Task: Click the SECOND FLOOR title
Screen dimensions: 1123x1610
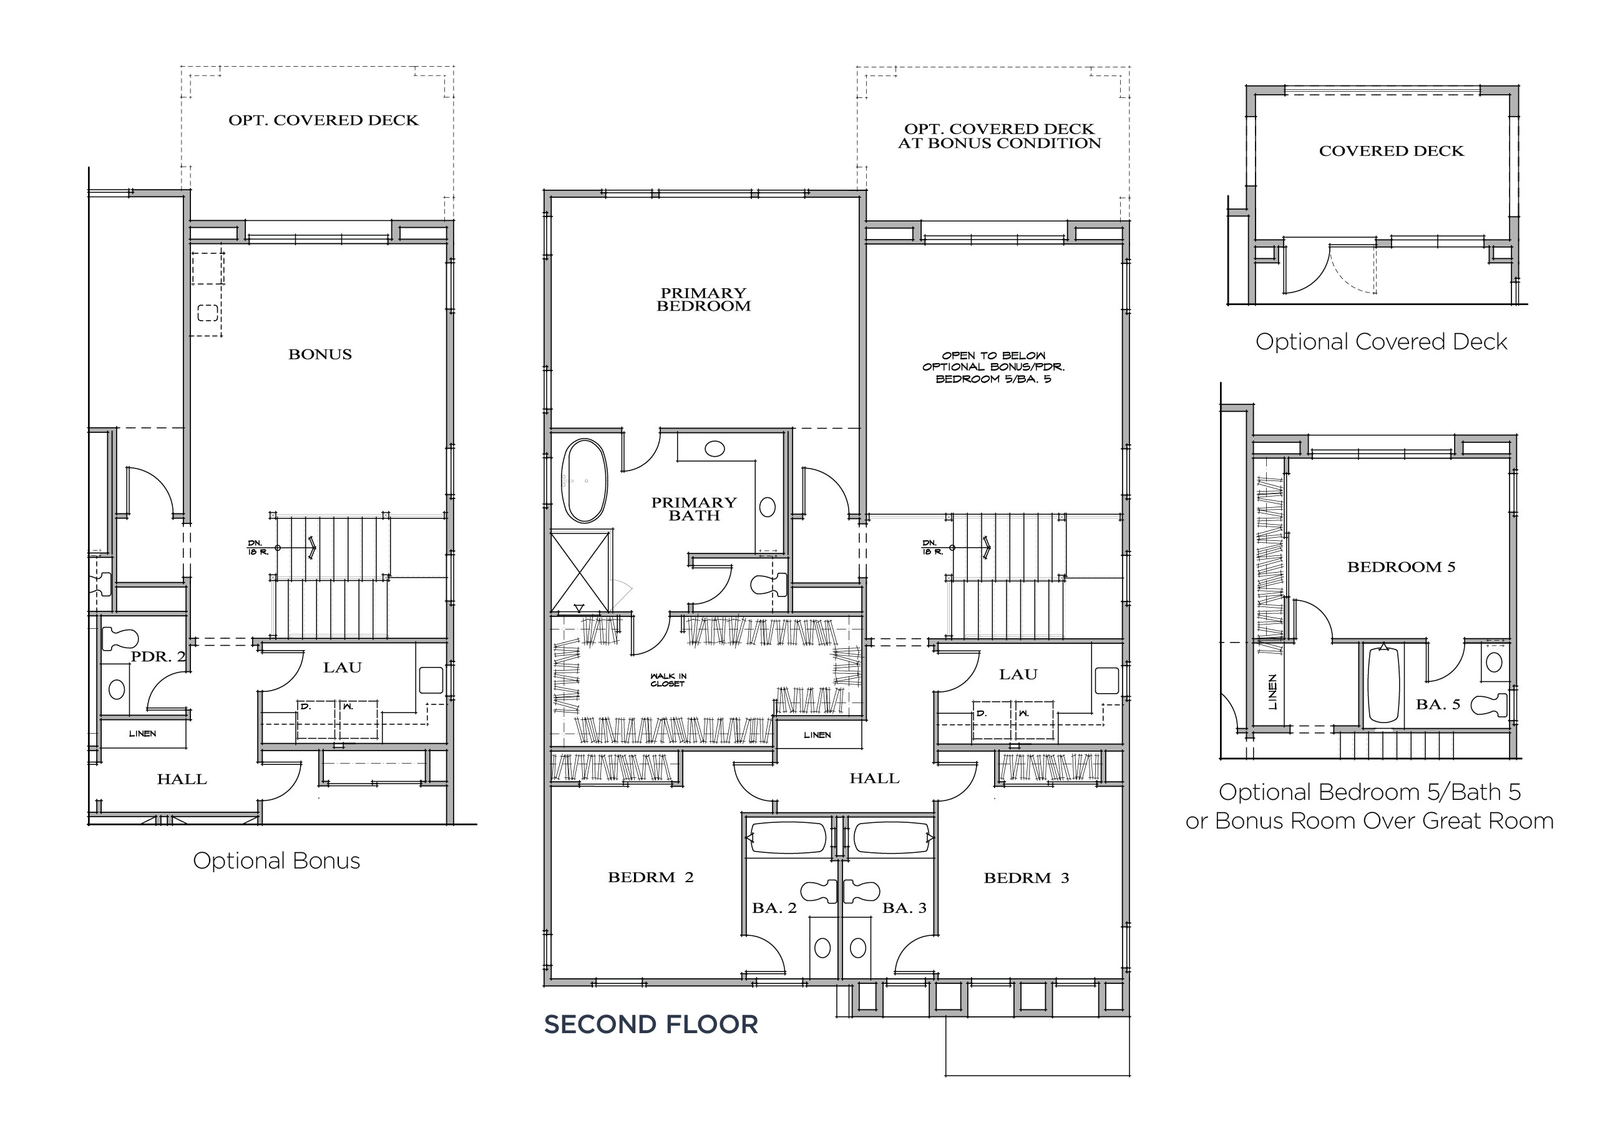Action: pos(651,1025)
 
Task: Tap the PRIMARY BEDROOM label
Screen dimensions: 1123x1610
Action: pos(703,299)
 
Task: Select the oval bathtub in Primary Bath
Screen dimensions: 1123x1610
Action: pos(584,481)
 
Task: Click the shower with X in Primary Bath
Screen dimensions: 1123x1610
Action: pos(580,572)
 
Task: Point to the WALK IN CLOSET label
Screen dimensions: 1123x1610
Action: pos(668,680)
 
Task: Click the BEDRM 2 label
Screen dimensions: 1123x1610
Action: pos(650,878)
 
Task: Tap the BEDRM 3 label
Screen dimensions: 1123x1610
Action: pos(1026,878)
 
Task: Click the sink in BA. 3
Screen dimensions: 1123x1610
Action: pos(857,948)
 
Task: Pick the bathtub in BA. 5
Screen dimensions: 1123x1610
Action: pos(1383,684)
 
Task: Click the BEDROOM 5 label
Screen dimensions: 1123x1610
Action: pos(1401,567)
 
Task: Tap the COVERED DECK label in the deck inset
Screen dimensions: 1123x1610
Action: pos(1391,152)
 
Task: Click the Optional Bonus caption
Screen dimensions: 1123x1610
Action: pos(276,861)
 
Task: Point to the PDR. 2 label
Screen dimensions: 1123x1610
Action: pos(158,657)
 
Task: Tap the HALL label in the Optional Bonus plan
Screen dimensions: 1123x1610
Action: pos(182,779)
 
